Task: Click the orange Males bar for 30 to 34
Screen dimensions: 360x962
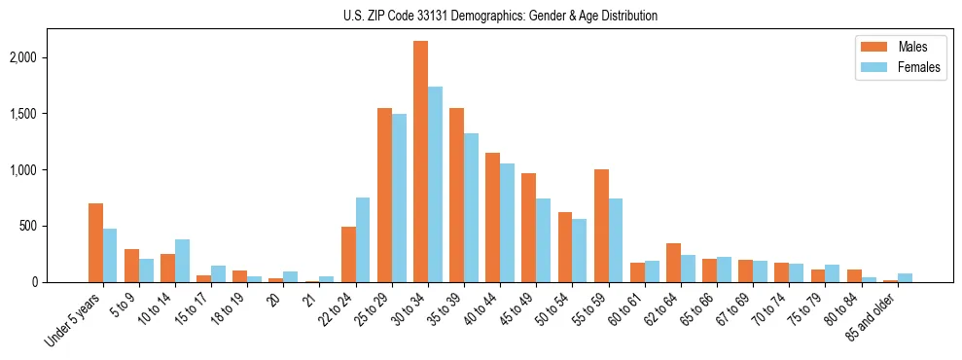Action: coord(420,162)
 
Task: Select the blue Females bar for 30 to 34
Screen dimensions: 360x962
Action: coord(435,185)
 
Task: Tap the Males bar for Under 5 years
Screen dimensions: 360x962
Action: coord(95,242)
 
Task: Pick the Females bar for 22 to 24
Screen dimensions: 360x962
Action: coord(363,239)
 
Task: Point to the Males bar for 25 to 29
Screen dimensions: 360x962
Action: coord(384,195)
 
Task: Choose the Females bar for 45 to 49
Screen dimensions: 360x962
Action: coord(544,240)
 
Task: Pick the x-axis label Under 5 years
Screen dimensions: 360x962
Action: coord(75,320)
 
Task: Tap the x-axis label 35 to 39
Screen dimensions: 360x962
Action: coord(450,308)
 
